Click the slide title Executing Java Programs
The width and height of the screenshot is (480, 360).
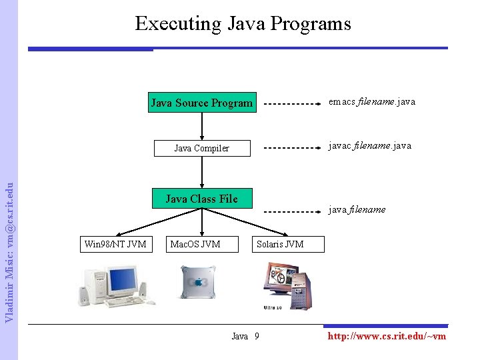point(243,24)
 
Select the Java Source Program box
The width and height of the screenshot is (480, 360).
point(201,103)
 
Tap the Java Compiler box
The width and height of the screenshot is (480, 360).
point(201,148)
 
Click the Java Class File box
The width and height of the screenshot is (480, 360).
point(201,199)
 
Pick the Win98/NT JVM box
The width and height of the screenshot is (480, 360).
point(115,244)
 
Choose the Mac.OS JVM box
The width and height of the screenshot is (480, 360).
point(195,244)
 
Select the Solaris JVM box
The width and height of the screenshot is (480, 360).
point(280,244)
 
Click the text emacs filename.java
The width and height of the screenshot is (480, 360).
point(372,102)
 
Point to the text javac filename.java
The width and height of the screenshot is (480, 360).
point(370,145)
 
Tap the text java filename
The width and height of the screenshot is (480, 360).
point(357,209)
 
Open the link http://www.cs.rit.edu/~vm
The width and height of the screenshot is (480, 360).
point(387,336)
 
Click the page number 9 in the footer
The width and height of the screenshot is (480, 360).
point(257,336)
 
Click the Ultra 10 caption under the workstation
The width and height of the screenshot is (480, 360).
point(273,307)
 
